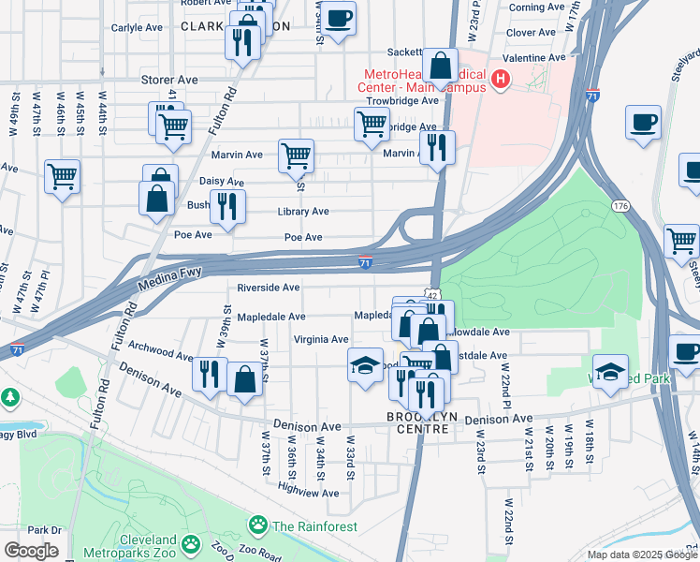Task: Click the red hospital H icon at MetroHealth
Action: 501,80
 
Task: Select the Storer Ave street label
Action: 166,81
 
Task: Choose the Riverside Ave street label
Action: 268,288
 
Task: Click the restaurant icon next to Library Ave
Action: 226,206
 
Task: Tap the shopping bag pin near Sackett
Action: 439,66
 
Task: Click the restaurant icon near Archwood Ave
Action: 209,373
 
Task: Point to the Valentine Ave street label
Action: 535,57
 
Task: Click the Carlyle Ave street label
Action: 137,28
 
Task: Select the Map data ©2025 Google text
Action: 640,554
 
